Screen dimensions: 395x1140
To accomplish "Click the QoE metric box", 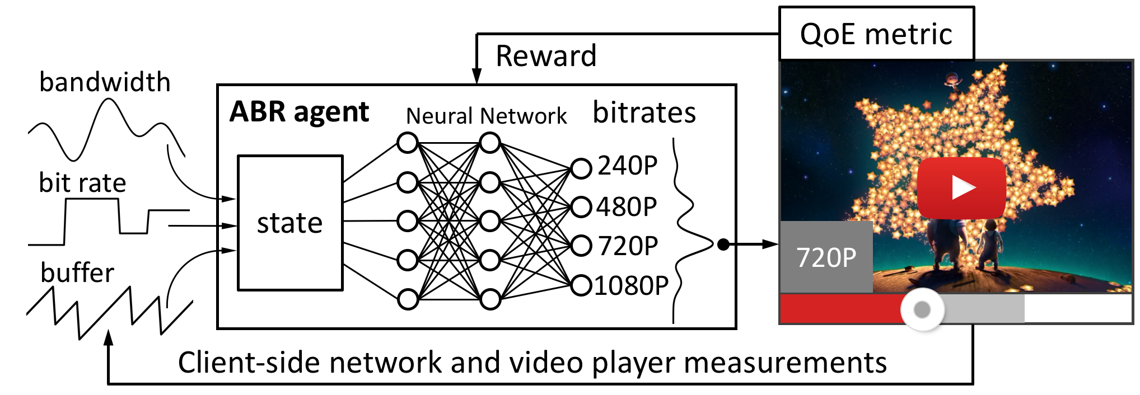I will point(876,34).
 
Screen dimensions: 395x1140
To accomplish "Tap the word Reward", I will point(546,56).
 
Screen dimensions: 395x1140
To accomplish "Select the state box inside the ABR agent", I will point(290,223).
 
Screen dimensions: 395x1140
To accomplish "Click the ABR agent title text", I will point(299,112).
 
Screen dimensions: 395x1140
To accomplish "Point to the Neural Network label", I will point(486,116).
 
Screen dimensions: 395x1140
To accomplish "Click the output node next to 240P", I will point(581,168).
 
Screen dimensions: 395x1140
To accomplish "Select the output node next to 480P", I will point(581,207).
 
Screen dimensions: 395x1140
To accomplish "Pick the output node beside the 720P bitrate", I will point(581,246).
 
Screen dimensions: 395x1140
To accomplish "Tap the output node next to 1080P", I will point(581,285).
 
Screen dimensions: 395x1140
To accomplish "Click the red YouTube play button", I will point(961,188).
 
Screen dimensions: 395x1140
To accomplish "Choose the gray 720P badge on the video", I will point(826,257).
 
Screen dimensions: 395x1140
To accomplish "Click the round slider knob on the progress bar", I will point(922,309).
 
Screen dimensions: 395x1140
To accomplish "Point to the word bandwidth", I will point(105,82).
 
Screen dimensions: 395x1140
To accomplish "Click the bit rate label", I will point(82,183).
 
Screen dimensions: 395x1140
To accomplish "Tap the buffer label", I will point(77,273).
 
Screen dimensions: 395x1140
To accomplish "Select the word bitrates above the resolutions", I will point(644,112).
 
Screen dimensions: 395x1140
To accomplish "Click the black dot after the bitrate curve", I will point(723,244).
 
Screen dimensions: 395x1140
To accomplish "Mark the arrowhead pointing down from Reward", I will point(476,76).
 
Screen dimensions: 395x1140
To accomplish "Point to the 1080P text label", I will point(632,286).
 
